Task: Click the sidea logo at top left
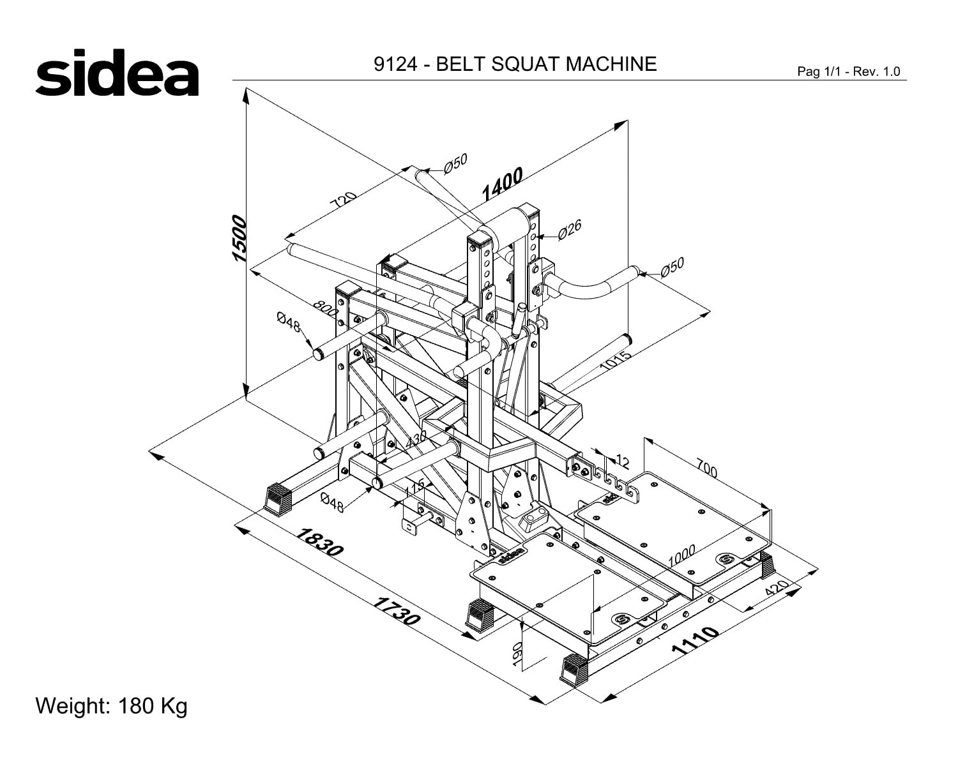click(x=117, y=72)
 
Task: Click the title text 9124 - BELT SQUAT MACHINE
click(x=515, y=64)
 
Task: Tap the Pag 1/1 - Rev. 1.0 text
click(x=849, y=71)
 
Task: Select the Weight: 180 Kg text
click(x=111, y=705)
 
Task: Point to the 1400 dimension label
click(x=503, y=184)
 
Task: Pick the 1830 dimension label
click(x=319, y=542)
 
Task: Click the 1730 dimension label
click(x=396, y=611)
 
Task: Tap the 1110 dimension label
click(x=694, y=640)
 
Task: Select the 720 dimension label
click(x=343, y=199)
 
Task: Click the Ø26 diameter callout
click(x=570, y=230)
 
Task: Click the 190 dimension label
click(x=517, y=654)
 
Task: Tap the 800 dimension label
click(x=326, y=308)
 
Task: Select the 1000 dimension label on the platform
click(x=681, y=555)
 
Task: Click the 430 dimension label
click(x=416, y=439)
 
